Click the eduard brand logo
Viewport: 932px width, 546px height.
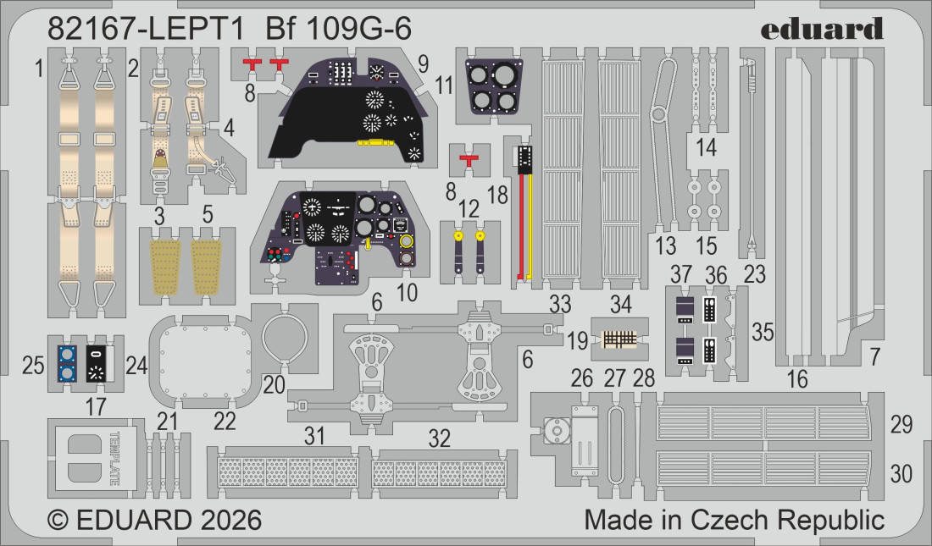[x=821, y=29]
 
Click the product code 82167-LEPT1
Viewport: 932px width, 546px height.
[x=146, y=29]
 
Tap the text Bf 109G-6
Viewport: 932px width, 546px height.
[x=349, y=29]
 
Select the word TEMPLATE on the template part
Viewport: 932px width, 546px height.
[x=113, y=459]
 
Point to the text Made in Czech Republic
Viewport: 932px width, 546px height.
[x=735, y=519]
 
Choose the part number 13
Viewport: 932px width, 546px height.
[x=667, y=245]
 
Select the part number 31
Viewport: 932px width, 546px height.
[x=315, y=437]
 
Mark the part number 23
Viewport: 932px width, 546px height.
[x=755, y=273]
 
